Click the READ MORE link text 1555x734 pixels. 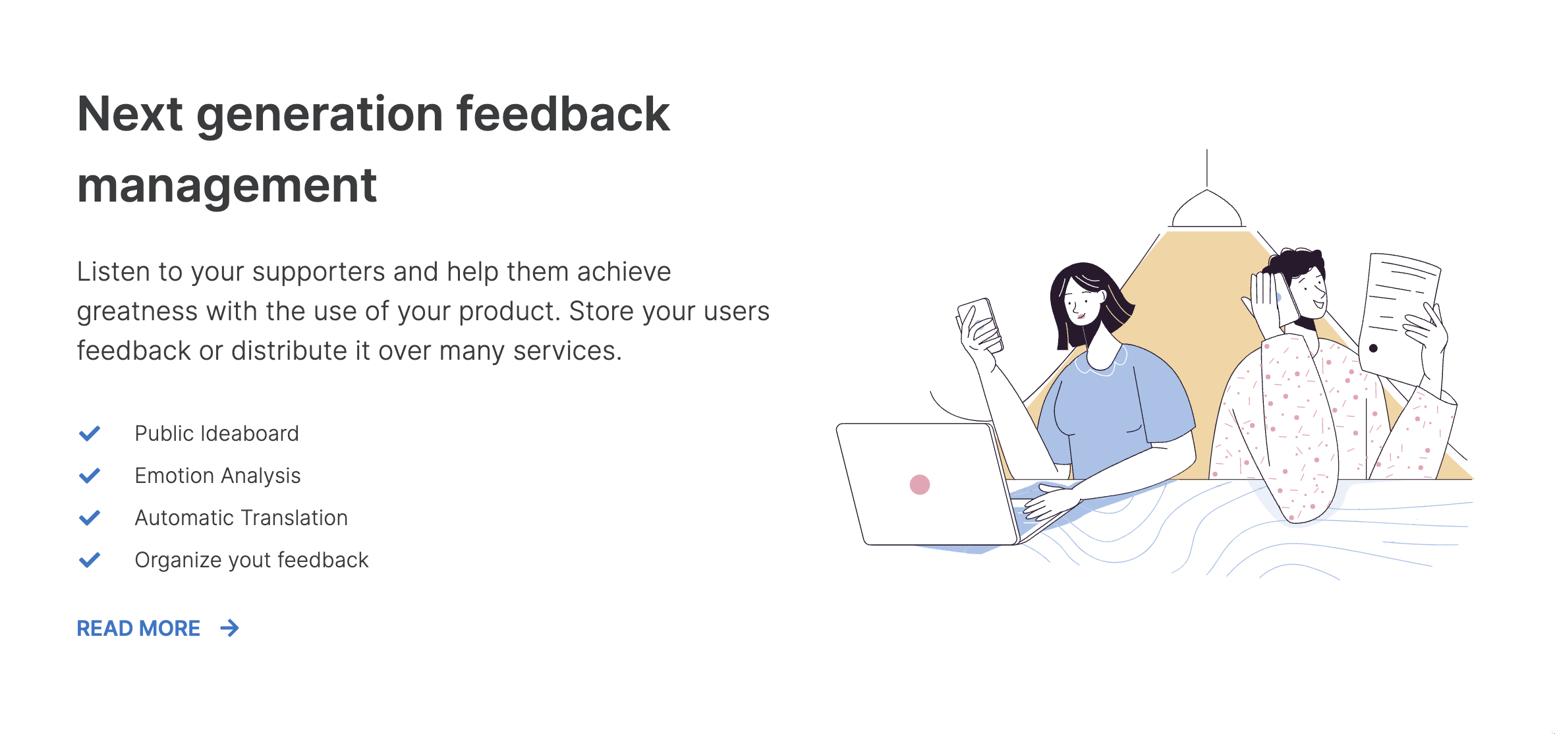pos(138,629)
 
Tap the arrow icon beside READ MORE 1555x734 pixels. pos(229,629)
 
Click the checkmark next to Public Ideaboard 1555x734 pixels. pos(90,434)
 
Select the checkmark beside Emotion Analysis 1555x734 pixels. pos(90,476)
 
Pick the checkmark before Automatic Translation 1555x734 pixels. pos(90,518)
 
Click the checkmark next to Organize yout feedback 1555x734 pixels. pos(90,560)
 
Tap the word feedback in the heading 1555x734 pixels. pos(563,114)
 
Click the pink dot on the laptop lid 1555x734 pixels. pos(920,484)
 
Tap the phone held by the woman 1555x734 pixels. pos(980,323)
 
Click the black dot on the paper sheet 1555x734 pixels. pos(1373,348)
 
